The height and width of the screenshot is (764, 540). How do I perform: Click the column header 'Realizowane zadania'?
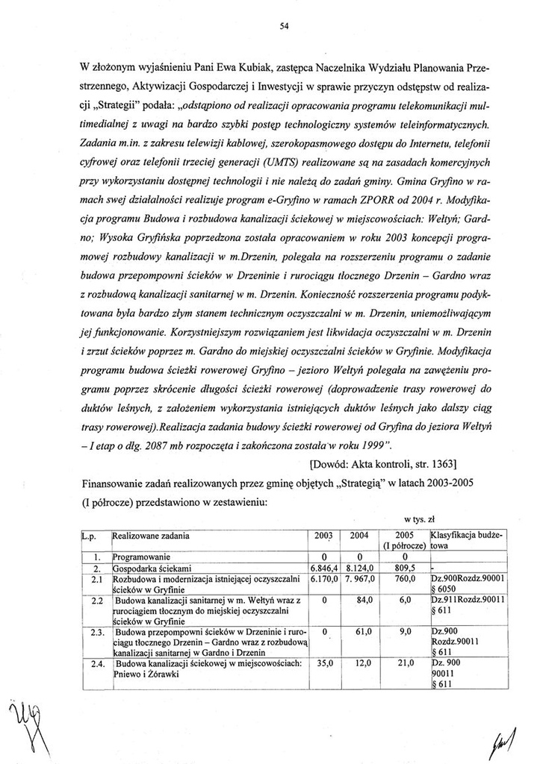150,536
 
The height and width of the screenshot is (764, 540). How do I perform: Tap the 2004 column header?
359,536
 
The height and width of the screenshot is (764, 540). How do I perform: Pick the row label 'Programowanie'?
141,556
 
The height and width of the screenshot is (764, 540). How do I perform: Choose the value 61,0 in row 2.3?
364,631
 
